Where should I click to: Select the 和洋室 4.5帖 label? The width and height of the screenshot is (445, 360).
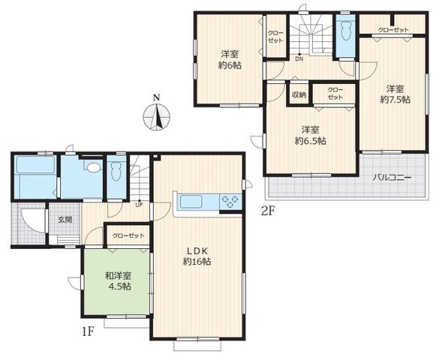pos(118,280)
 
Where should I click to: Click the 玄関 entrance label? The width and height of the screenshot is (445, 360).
pos(65,220)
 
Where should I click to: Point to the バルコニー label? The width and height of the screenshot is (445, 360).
pos(392,178)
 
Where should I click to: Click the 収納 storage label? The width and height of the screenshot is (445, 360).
pos(299,95)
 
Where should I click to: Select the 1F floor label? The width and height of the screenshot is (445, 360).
pos(89,331)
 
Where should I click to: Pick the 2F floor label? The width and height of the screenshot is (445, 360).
pos(269,211)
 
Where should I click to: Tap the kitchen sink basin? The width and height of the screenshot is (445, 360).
pos(191,202)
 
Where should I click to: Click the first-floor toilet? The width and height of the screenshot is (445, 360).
pos(116,171)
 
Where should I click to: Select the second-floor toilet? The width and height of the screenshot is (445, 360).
pos(345,31)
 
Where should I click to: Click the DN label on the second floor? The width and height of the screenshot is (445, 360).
pos(299,59)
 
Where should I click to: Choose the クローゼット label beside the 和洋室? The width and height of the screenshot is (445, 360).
pos(128,235)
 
